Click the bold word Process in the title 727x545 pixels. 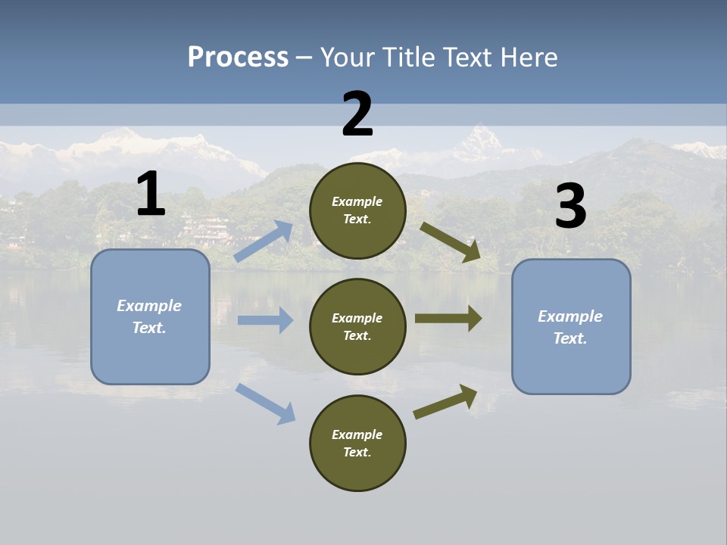point(238,57)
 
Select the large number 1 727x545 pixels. point(151,195)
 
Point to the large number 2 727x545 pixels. point(357,115)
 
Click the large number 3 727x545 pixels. point(570,207)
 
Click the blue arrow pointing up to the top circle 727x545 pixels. point(264,241)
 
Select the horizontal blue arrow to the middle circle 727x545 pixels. point(265,320)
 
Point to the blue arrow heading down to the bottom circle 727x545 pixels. point(266,403)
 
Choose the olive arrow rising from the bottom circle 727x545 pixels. point(445,402)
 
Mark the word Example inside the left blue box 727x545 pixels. point(149,306)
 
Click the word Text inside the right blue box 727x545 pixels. point(570,338)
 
